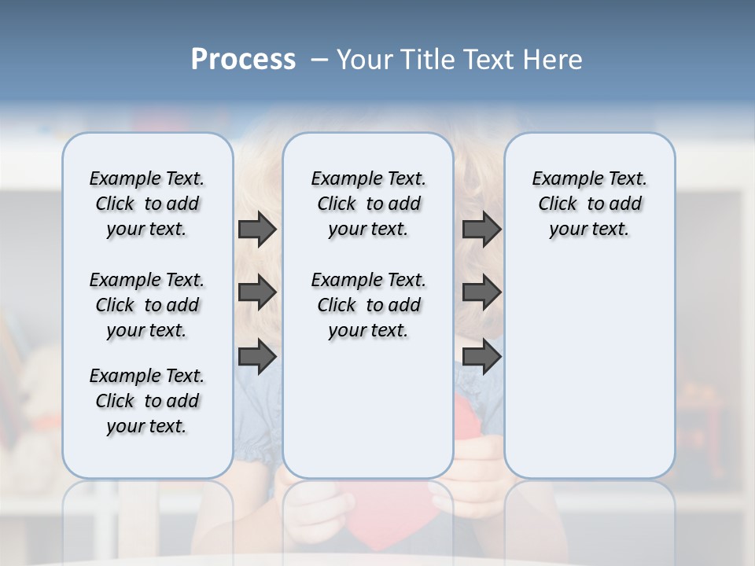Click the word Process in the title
coord(243,59)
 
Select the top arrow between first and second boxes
coord(257,229)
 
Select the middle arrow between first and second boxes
coord(257,292)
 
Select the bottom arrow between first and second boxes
coord(257,357)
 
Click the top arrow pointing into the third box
coord(481,229)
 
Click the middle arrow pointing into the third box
coord(481,292)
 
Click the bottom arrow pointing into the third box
coord(481,357)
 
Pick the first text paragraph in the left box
coord(147,204)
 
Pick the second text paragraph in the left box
coord(147,305)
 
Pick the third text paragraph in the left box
coord(147,401)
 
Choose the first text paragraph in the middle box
coord(368,204)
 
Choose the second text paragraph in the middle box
coord(368,305)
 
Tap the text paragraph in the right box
coord(589,204)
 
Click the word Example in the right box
coord(560,179)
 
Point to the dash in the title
coord(319,60)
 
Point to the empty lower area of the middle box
coord(368,409)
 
